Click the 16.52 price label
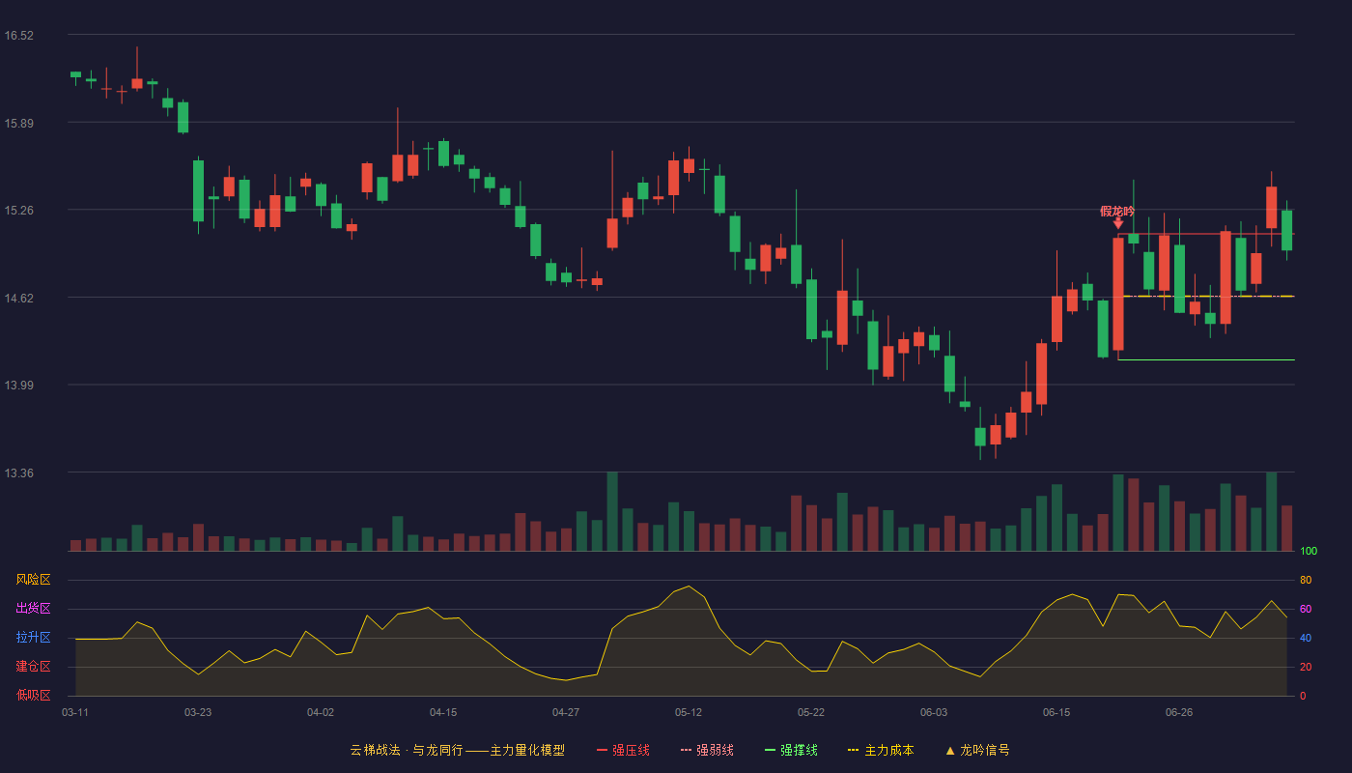click(x=18, y=36)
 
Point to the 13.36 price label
click(x=18, y=472)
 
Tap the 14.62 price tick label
click(x=18, y=299)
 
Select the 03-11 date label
click(x=75, y=713)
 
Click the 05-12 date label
click(x=688, y=713)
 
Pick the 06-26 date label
click(x=1179, y=713)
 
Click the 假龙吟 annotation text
click(x=1117, y=212)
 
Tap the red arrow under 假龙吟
click(x=1118, y=224)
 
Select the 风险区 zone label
click(x=33, y=580)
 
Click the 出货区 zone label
click(x=33, y=608)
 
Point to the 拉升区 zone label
click(x=33, y=637)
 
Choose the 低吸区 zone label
click(x=33, y=695)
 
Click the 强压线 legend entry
click(x=623, y=750)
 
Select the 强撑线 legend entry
click(x=791, y=750)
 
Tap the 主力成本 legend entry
click(x=881, y=750)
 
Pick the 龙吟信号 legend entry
click(x=977, y=750)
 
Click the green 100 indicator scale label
click(x=1309, y=551)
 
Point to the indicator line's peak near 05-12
click(x=689, y=586)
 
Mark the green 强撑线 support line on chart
click(x=1206, y=359)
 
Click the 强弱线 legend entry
click(x=707, y=750)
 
